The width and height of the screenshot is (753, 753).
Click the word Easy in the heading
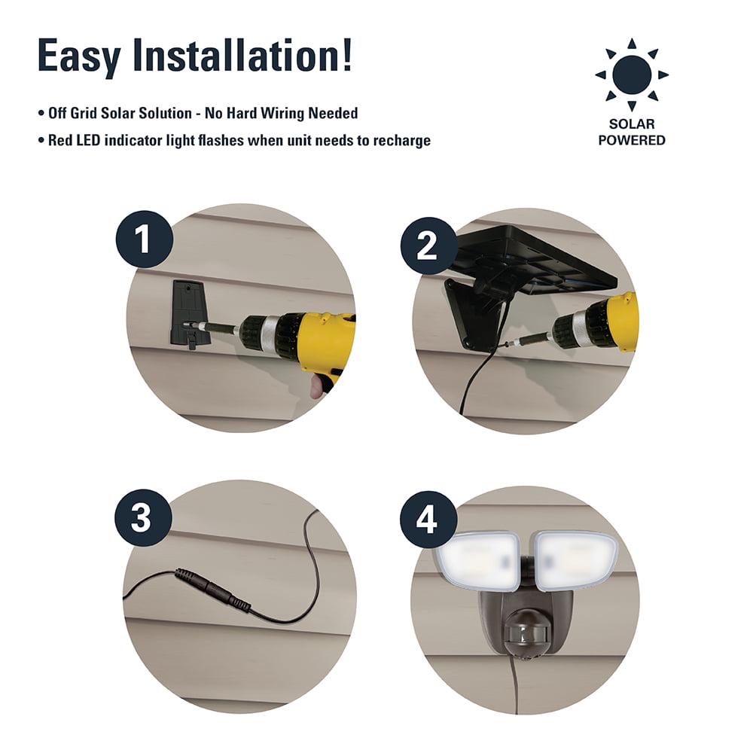(x=79, y=56)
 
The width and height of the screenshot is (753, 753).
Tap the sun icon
(x=632, y=75)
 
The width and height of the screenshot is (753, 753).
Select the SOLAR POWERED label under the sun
(x=632, y=132)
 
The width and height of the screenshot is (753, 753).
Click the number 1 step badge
(x=144, y=239)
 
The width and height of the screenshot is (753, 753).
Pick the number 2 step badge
(x=429, y=246)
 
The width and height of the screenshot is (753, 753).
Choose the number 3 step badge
(x=143, y=518)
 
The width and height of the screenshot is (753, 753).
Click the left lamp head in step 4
(x=477, y=561)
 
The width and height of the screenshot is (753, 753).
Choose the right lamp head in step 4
(x=575, y=560)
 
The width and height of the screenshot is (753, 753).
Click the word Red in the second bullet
(x=60, y=140)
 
